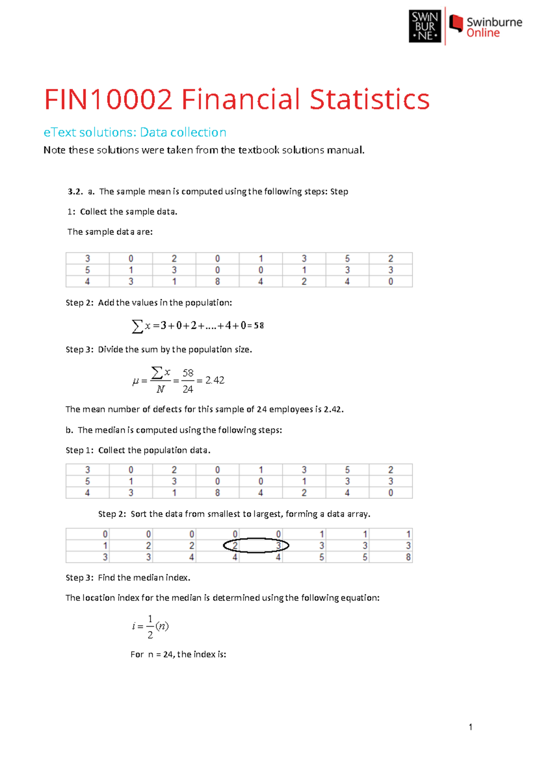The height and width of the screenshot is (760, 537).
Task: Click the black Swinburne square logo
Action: (x=425, y=27)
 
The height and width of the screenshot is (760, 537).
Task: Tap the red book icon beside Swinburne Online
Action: (x=456, y=23)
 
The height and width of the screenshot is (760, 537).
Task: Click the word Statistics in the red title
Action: (x=369, y=99)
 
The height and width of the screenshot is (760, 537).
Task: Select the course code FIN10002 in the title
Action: (x=108, y=99)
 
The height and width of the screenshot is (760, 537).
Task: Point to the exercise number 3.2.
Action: (x=75, y=192)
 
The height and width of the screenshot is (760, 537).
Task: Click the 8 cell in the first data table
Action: (x=217, y=282)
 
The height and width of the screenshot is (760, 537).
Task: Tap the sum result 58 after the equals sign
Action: (x=259, y=326)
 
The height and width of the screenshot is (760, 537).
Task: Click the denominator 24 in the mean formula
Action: (x=188, y=389)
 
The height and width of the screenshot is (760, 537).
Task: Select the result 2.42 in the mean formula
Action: (x=215, y=380)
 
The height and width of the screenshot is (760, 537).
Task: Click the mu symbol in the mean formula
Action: (x=135, y=381)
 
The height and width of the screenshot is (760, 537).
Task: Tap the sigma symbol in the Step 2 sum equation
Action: (x=137, y=326)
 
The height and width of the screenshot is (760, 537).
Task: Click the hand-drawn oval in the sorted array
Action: (x=256, y=545)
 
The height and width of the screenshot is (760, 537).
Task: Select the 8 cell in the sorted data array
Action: (x=408, y=557)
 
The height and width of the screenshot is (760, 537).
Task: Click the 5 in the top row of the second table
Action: (x=347, y=470)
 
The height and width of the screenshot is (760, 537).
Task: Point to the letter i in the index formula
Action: (x=134, y=626)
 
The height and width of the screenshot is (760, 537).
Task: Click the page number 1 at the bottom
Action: (x=470, y=727)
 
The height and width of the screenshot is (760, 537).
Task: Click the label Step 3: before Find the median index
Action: (x=79, y=578)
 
